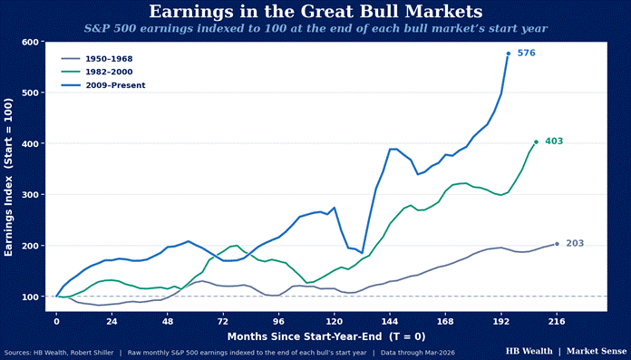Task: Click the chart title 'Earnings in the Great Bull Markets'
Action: (x=315, y=11)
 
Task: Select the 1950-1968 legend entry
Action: (x=97, y=59)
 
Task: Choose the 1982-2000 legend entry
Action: (x=97, y=72)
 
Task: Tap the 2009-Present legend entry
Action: (x=103, y=85)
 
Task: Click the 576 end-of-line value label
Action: (x=527, y=53)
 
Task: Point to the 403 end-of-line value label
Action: (x=554, y=141)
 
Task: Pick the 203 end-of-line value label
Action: (x=575, y=244)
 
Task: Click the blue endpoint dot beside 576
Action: (x=509, y=54)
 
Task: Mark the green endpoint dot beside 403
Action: (x=536, y=141)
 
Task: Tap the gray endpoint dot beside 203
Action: (x=557, y=244)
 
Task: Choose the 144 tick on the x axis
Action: (x=390, y=322)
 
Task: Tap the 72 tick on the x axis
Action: (x=223, y=322)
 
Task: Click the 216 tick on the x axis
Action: (x=557, y=322)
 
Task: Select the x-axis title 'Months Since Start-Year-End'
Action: (x=306, y=336)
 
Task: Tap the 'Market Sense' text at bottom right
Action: (x=597, y=351)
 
